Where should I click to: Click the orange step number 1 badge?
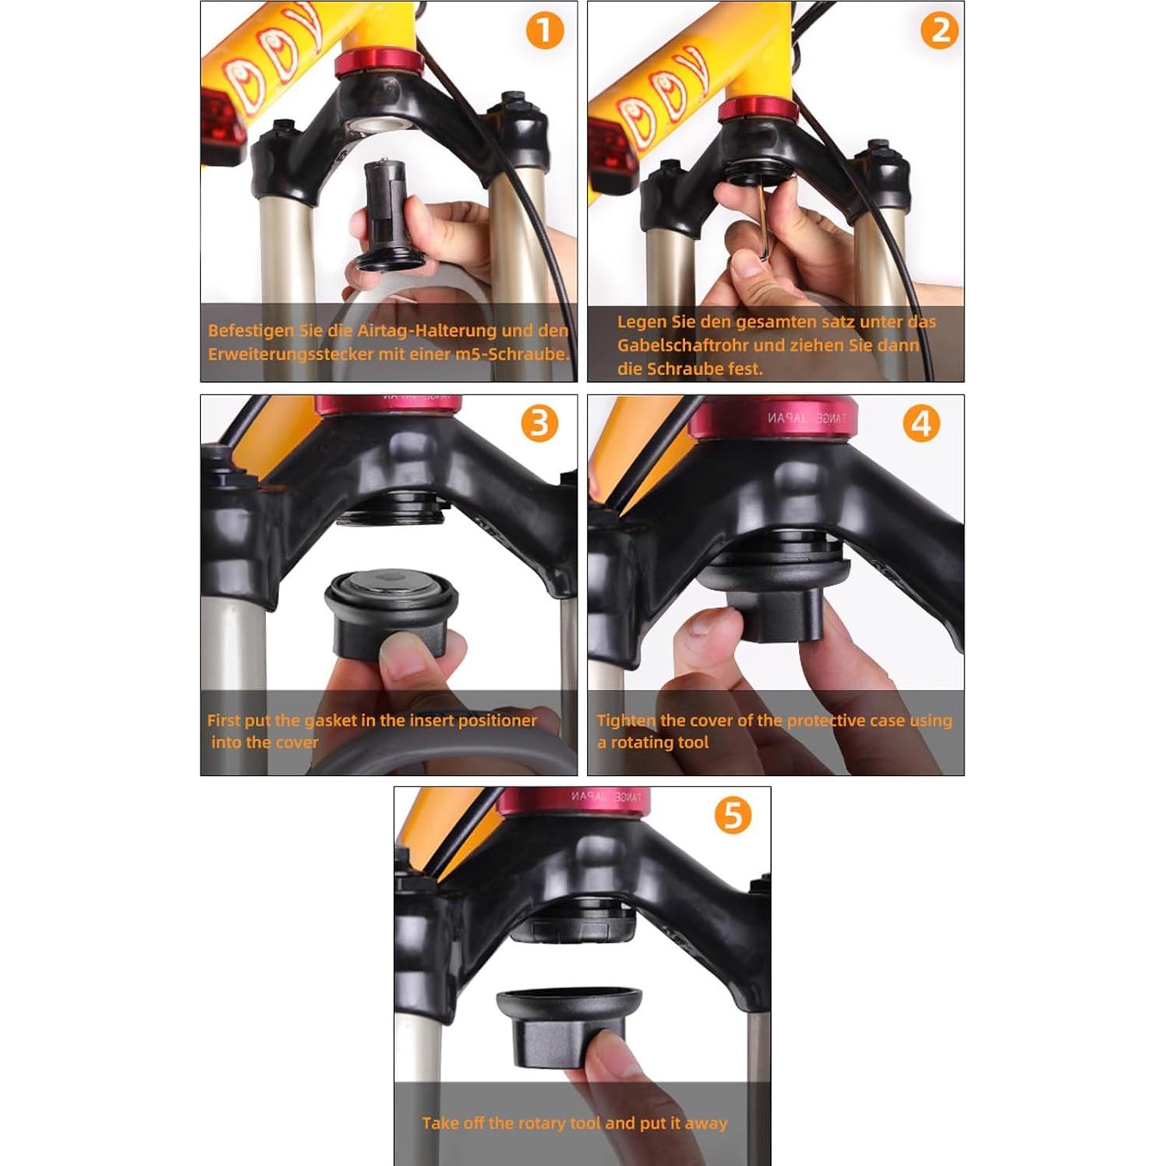click(x=544, y=31)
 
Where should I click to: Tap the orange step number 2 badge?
click(x=939, y=31)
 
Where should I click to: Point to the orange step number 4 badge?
click(x=921, y=424)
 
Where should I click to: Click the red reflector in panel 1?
click(x=222, y=125)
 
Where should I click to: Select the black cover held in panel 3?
click(x=390, y=616)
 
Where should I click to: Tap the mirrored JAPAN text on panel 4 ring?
click(x=786, y=418)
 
